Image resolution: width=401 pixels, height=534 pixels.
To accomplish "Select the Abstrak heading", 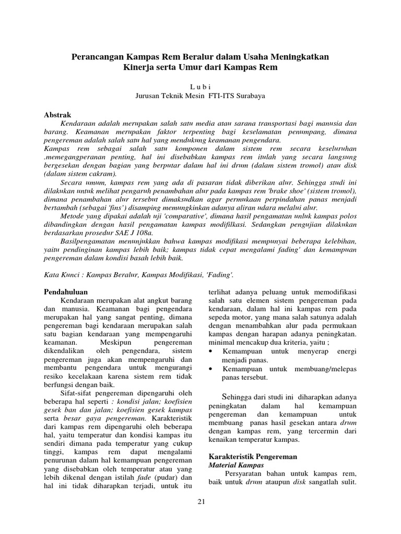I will (x=57, y=115).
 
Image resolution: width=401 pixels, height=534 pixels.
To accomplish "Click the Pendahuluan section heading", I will (x=65, y=292).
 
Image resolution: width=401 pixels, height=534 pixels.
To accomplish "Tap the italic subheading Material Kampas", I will (x=236, y=465).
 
